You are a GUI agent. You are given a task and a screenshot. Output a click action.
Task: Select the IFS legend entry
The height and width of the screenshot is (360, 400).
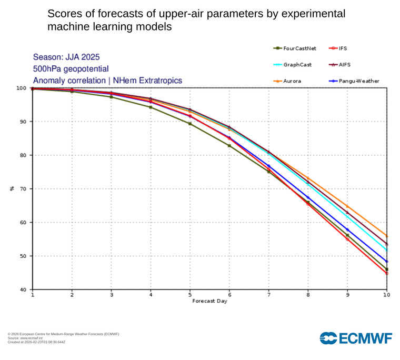coord(340,48)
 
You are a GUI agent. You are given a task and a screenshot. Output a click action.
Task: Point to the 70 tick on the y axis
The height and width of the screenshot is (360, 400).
coord(24,189)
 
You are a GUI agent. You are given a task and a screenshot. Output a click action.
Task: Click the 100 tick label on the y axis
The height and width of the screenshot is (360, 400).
coord(21,88)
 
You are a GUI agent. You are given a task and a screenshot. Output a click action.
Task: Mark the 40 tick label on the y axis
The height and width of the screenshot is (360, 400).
coord(24,290)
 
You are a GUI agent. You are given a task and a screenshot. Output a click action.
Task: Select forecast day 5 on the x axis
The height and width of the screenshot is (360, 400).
coord(190,295)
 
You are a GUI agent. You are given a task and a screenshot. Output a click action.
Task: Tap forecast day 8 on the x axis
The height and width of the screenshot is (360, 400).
coord(308,295)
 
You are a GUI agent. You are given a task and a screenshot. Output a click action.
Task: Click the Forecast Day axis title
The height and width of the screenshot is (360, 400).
coord(209,301)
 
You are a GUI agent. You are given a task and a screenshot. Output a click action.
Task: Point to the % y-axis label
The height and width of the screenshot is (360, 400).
coord(12,189)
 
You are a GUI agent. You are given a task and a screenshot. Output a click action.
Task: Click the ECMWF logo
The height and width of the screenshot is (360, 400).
coord(356,338)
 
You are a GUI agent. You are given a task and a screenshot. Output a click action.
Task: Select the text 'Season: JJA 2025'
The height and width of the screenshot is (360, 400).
coord(66,57)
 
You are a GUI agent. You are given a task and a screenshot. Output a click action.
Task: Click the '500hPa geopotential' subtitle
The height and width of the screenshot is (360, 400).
coord(71,69)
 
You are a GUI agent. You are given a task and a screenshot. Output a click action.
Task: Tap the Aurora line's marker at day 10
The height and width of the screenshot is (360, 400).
coord(387,236)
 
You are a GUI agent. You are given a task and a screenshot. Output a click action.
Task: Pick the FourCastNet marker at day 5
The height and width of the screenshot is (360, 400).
coord(190,124)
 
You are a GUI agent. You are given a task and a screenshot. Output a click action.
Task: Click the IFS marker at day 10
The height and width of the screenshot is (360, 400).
coord(387,273)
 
